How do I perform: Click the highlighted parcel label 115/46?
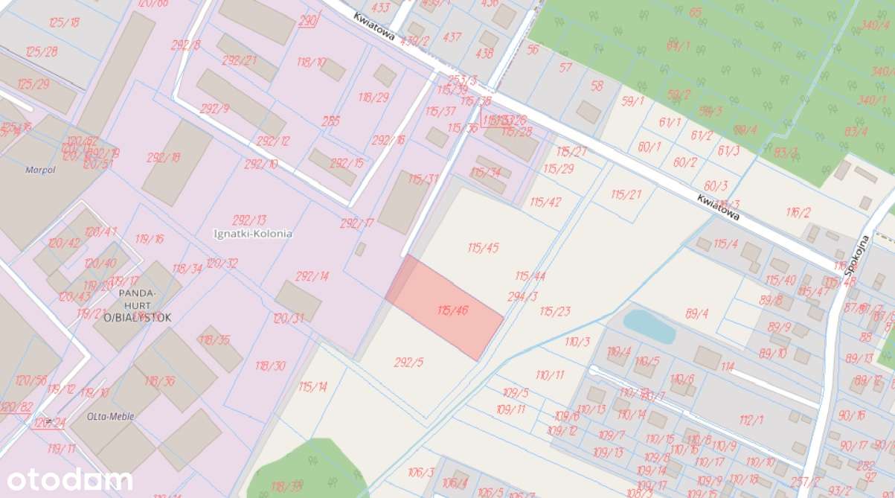coord(452,310)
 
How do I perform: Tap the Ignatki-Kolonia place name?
coord(252,233)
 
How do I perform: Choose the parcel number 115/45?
coord(483,248)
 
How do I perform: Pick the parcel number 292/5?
coord(408,363)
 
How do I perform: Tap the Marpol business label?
coord(40,169)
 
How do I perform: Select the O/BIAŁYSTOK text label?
coord(138,317)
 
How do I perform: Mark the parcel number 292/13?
coord(248,220)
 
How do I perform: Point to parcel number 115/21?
coord(626,194)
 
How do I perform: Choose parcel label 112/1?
coord(751,420)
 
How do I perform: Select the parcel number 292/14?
coord(312,276)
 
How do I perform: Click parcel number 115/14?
coord(312,386)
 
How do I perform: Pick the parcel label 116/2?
coord(798,213)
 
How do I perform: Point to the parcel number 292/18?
coord(164,157)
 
